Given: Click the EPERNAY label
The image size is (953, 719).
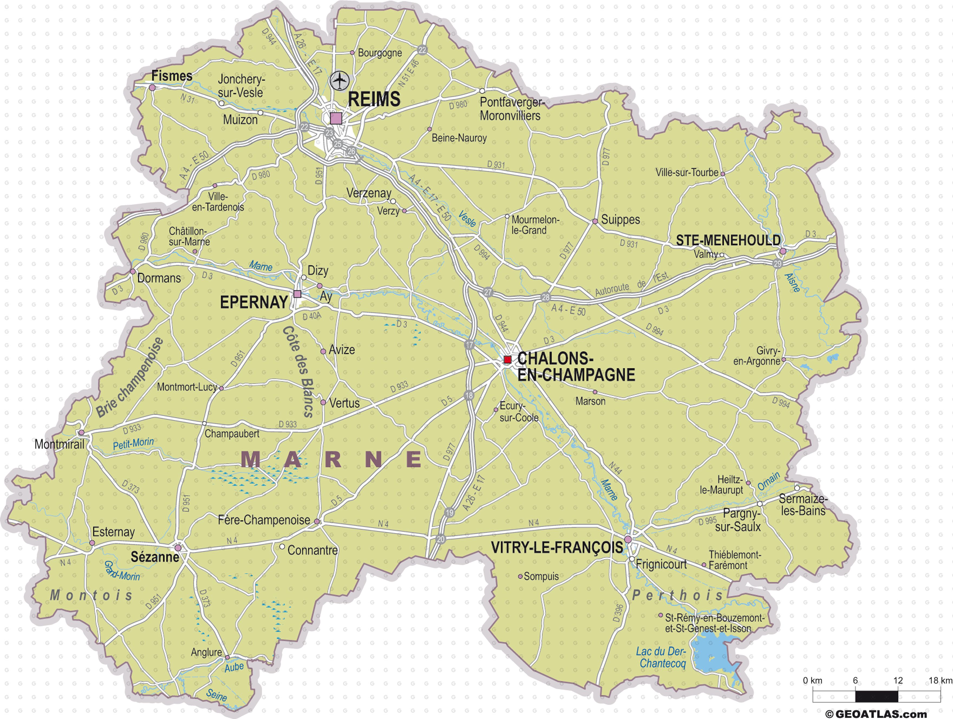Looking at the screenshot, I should click(x=254, y=302).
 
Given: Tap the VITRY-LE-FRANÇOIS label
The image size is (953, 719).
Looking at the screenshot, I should click(x=557, y=548).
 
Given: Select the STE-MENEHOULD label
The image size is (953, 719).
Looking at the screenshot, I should click(x=728, y=240).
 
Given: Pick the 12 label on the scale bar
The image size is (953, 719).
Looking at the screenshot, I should click(x=898, y=680).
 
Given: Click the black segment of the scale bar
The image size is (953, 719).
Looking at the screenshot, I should click(x=876, y=696).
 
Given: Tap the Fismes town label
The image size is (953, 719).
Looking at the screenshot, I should click(x=171, y=76).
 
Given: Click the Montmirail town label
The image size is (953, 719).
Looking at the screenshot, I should click(x=60, y=444).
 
